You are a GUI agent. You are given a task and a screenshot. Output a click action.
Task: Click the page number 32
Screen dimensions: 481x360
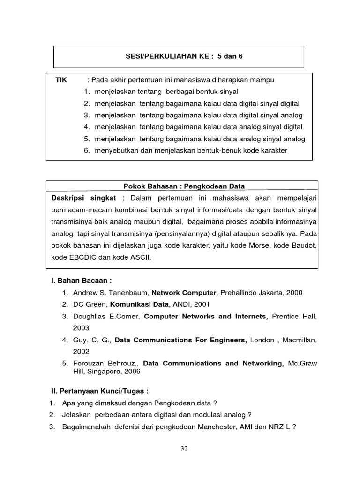[184, 449]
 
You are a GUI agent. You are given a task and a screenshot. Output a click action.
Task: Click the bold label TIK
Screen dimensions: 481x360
[61, 80]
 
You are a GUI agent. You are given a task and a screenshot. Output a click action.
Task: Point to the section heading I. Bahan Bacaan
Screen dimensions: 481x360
[82, 281]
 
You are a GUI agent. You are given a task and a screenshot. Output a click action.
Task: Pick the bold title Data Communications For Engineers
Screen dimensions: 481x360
[181, 340]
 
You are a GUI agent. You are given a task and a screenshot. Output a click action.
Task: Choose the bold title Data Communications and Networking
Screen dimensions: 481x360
[213, 363]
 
